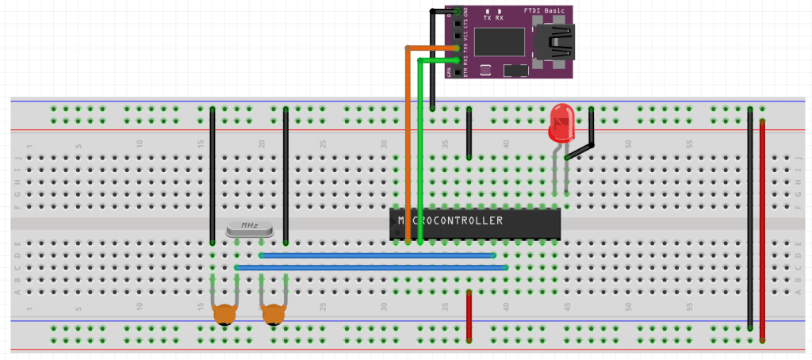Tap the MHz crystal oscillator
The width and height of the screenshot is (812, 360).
pyautogui.click(x=249, y=228)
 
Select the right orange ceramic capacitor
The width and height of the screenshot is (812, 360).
pyautogui.click(x=274, y=315)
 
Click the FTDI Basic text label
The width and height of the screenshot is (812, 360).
pyautogui.click(x=545, y=11)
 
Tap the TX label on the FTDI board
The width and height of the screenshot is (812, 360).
pyautogui.click(x=487, y=17)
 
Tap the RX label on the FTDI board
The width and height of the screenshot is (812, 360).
pyautogui.click(x=500, y=17)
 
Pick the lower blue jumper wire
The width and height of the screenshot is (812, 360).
pyautogui.click(x=372, y=268)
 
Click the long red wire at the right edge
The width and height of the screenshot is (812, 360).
pyautogui.click(x=763, y=230)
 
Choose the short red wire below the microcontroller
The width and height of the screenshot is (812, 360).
pyautogui.click(x=469, y=316)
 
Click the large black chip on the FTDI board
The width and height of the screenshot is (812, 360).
pyautogui.click(x=500, y=40)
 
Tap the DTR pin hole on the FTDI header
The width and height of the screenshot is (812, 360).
pyautogui.click(x=458, y=71)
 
